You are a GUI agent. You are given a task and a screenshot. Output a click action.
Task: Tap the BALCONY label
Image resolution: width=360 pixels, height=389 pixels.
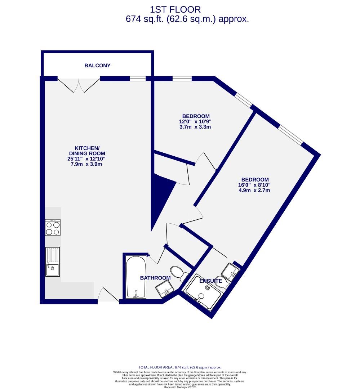click(97, 66)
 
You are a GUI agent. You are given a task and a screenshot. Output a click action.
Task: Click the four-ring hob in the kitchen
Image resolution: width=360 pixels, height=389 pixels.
click(53, 227)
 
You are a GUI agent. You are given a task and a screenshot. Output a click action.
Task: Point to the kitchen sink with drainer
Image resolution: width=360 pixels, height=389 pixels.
click(53, 262)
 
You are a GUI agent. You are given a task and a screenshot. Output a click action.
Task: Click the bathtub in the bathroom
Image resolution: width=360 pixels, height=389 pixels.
click(136, 277)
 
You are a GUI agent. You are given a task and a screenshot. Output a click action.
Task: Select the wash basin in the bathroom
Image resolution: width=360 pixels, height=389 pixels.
click(165, 289)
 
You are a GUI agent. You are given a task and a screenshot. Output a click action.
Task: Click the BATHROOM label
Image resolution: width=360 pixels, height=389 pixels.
click(155, 278)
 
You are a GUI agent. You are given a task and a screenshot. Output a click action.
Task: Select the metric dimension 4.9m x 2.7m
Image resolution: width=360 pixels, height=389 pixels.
click(254, 190)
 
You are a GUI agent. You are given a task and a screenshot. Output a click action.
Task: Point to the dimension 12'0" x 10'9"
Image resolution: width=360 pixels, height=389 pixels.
click(196, 121)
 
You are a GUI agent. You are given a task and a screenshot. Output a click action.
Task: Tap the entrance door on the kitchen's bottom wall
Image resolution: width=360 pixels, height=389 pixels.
click(108, 295)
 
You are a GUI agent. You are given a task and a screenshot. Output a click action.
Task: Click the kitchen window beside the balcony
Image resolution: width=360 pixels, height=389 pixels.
click(138, 79)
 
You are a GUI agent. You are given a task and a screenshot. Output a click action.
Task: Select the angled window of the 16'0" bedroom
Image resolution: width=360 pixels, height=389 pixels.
click(290, 135)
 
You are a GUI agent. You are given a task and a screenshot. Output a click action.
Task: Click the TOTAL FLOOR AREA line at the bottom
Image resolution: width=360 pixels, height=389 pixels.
click(180, 367)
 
